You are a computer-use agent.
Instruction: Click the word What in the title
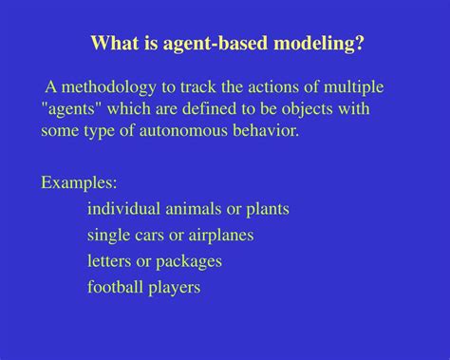click(112, 44)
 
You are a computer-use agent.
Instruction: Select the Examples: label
click(79, 182)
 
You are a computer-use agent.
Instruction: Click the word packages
click(190, 260)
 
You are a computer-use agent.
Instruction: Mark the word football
click(116, 286)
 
